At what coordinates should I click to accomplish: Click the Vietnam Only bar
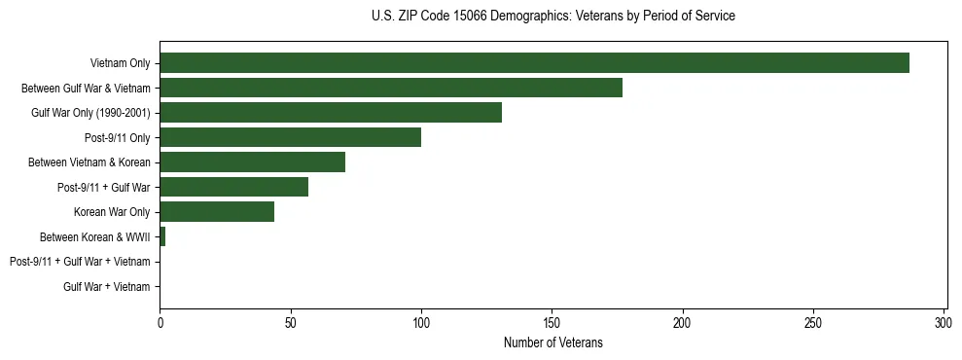pyautogui.click(x=534, y=63)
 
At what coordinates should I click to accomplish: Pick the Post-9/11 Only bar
pyautogui.click(x=290, y=137)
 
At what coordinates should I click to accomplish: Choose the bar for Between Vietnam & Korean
pyautogui.click(x=252, y=162)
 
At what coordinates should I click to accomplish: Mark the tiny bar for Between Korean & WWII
pyautogui.click(x=162, y=236)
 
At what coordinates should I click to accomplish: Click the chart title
pyautogui.click(x=552, y=17)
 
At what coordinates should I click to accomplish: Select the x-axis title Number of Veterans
pyautogui.click(x=552, y=342)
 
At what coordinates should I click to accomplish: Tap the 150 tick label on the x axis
pyautogui.click(x=552, y=321)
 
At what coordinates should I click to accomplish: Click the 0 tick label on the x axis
pyautogui.click(x=160, y=321)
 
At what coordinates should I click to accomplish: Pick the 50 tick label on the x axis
pyautogui.click(x=290, y=321)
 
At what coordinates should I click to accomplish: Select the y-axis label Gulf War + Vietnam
pyautogui.click(x=107, y=287)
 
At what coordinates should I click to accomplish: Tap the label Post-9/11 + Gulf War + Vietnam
pyautogui.click(x=80, y=262)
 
